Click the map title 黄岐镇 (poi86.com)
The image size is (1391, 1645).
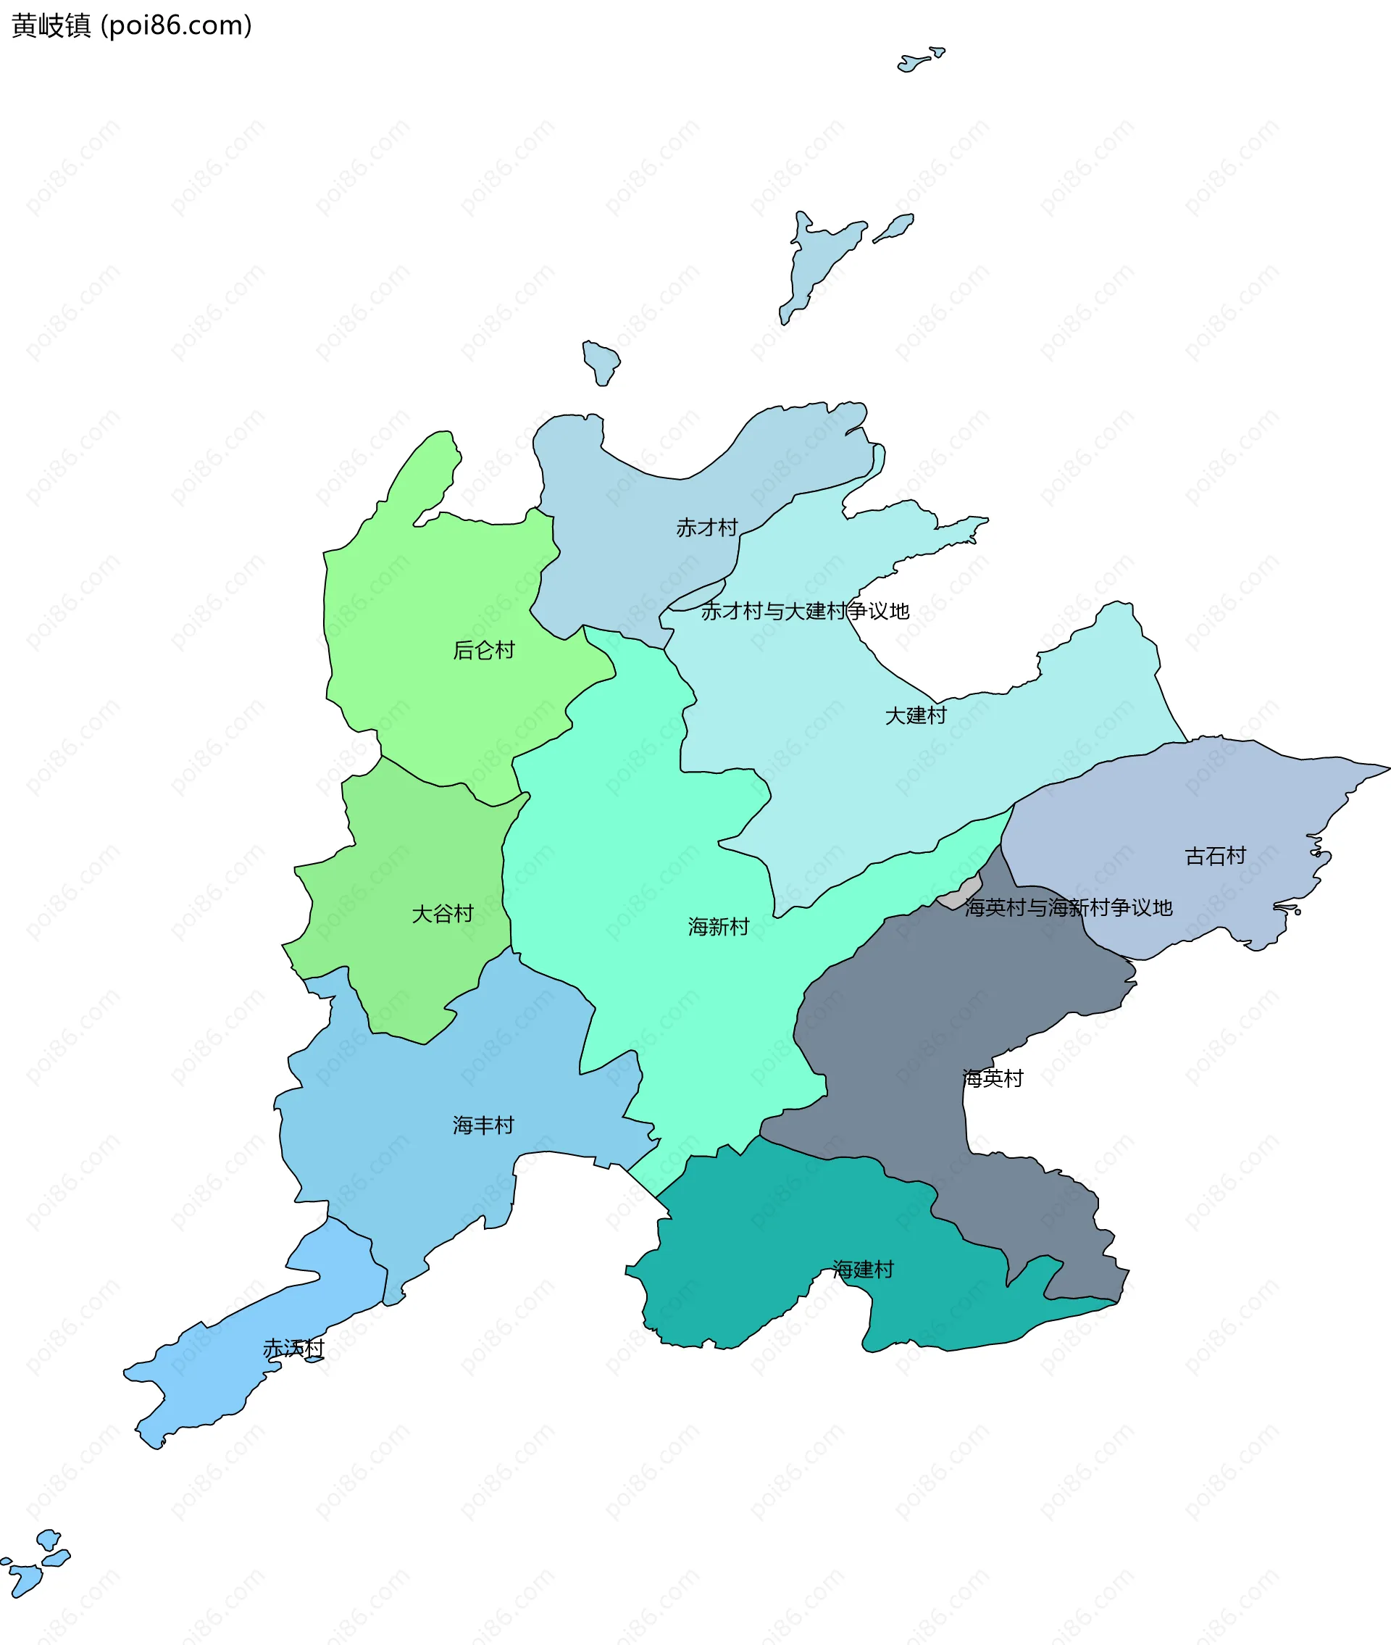(x=132, y=26)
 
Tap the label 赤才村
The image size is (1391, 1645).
(x=706, y=528)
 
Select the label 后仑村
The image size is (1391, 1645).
(x=483, y=650)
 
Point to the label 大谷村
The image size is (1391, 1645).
(x=443, y=914)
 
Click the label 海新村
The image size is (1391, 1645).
(x=719, y=927)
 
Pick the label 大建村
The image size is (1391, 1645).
(x=916, y=715)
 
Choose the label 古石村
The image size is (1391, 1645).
(x=1215, y=856)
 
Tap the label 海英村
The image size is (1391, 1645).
(x=993, y=1078)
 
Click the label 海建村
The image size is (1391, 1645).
(x=864, y=1270)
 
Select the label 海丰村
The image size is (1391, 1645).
(x=483, y=1125)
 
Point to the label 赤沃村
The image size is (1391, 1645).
(x=293, y=1349)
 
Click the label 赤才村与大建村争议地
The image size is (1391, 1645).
(x=805, y=611)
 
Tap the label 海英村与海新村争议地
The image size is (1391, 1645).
(x=1069, y=908)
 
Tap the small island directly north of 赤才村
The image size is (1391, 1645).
(x=601, y=361)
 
